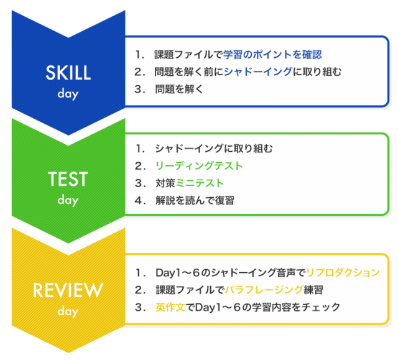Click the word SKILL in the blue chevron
[68, 73]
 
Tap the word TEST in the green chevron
[68, 179]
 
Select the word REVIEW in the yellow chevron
[68, 290]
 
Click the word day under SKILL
[68, 94]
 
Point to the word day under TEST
[68, 200]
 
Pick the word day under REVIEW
[68, 312]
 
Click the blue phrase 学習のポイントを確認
[272, 55]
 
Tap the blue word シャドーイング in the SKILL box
[258, 72]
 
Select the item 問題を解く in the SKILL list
[179, 89]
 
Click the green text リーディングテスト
[199, 166]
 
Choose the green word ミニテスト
[200, 183]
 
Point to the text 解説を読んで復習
[195, 200]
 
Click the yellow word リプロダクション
[343, 272]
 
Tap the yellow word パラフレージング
[264, 290]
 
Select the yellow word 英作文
[170, 307]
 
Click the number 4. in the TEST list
[140, 200]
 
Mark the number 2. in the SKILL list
[140, 72]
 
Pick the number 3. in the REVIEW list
[140, 307]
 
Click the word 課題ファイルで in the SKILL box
[188, 55]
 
